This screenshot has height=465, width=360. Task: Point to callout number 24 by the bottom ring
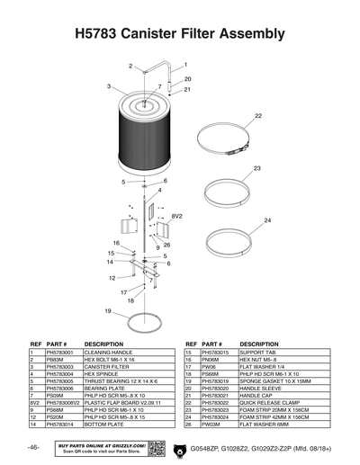tap(266, 220)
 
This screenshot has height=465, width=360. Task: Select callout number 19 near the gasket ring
tap(108, 311)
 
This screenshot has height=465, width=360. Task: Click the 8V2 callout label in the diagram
tap(176, 217)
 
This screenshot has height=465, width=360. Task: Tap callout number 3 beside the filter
tap(108, 86)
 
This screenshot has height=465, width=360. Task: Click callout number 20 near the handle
tap(187, 79)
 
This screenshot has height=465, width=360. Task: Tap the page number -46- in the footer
tap(32, 448)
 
